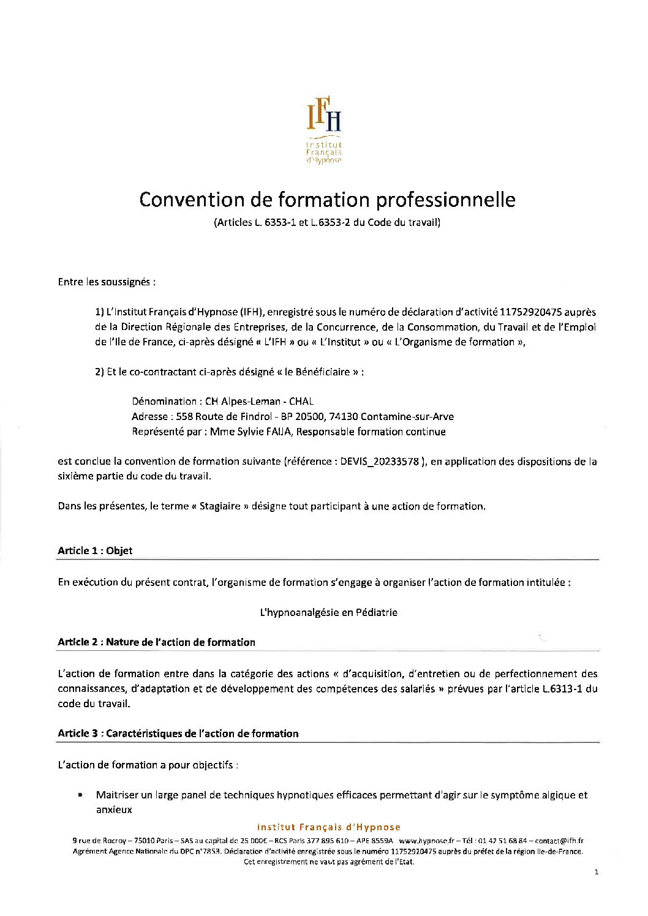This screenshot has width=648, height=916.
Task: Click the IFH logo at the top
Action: click(324, 130)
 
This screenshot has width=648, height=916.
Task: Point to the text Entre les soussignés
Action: click(107, 282)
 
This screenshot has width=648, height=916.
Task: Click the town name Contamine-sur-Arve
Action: click(407, 417)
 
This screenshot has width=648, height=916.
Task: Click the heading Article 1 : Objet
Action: click(95, 550)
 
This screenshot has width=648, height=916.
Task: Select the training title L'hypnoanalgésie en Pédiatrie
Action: click(329, 612)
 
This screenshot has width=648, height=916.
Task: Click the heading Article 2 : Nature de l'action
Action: click(156, 642)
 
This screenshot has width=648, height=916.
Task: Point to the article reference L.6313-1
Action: click(562, 689)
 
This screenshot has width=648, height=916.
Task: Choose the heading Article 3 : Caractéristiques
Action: click(178, 734)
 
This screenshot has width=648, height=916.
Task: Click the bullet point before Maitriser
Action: click(80, 795)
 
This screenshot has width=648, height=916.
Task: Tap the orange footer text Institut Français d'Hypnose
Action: click(328, 827)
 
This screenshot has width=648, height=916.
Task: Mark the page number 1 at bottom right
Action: click(596, 872)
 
